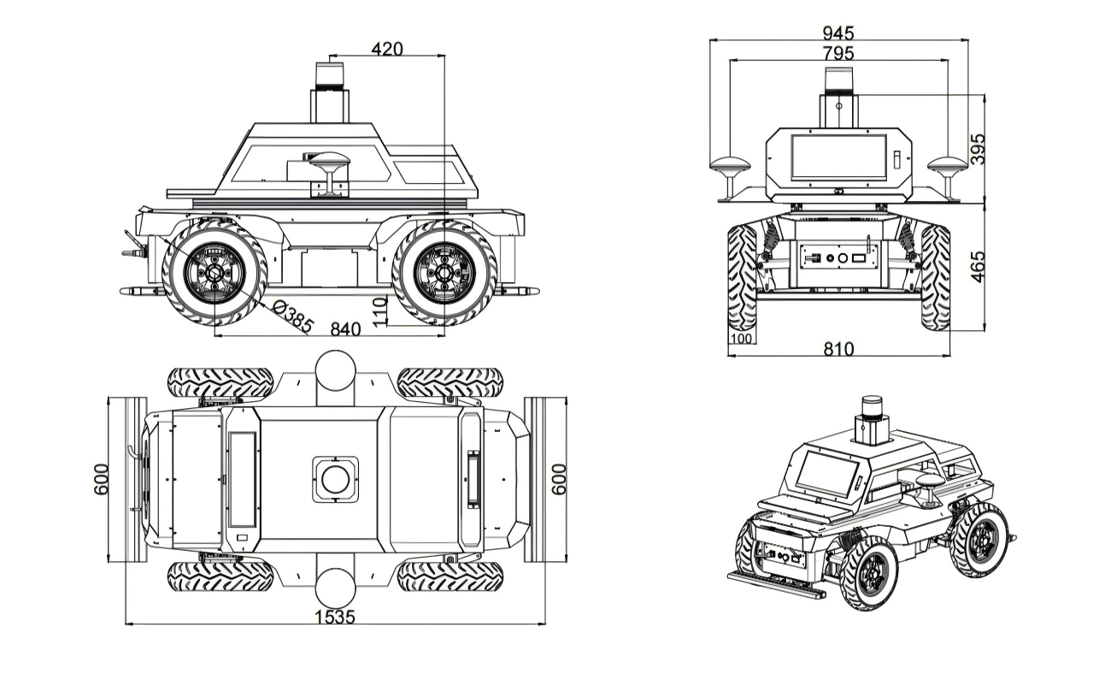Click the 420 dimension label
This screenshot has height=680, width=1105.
point(386,49)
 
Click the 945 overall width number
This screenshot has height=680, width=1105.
point(838,33)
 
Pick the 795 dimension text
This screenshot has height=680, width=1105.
point(838,53)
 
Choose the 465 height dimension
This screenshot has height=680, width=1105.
point(979,265)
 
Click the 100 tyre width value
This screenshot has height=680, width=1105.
point(741,339)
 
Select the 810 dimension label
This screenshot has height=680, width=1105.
point(838,349)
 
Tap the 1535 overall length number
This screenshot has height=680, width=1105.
point(334,617)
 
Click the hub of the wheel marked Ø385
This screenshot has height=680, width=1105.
point(215,273)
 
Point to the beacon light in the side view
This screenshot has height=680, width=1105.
point(331,75)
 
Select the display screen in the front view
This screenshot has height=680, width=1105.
point(838,157)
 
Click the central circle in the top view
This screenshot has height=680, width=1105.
point(334,479)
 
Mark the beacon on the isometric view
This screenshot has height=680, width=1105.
point(872,408)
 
